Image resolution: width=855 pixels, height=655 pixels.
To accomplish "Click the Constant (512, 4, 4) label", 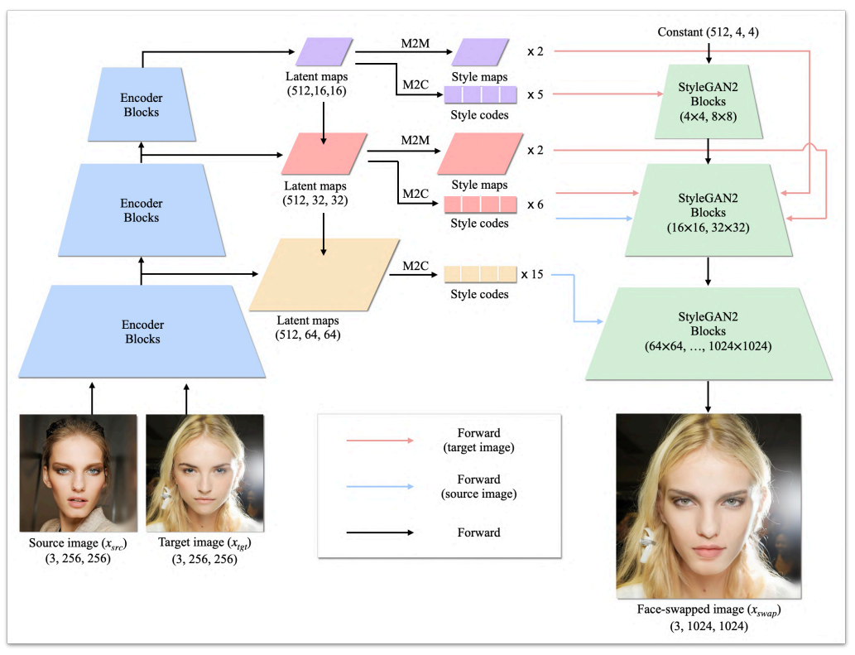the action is click(708, 32).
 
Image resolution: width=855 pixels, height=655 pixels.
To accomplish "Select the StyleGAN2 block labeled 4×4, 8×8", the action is click(708, 102).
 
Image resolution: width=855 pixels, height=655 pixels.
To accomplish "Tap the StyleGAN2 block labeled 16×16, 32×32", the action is click(708, 210).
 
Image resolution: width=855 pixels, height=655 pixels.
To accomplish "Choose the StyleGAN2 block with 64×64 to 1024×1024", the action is click(708, 333).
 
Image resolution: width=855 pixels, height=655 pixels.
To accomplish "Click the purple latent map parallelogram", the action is click(324, 52).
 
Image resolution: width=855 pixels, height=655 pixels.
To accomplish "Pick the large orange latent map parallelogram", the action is click(324, 274).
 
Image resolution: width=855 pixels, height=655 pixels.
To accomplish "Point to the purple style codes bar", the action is click(480, 94).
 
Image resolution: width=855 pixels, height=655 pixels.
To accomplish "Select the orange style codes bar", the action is click(480, 274).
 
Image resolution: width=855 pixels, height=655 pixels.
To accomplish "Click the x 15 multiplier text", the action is click(532, 274).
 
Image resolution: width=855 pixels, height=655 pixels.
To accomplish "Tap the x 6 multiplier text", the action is click(536, 205).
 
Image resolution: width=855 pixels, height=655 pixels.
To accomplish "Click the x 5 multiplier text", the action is click(536, 94).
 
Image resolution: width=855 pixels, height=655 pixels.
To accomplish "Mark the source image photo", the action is click(79, 473).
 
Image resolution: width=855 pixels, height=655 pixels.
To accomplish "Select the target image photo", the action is click(205, 473).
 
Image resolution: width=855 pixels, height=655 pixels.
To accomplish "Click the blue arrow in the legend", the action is click(380, 486).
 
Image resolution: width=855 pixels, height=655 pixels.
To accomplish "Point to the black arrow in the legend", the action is click(380, 532).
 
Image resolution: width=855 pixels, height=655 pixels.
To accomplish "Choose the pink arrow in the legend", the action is click(380, 441).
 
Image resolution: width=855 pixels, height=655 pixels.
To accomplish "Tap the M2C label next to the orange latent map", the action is click(415, 266).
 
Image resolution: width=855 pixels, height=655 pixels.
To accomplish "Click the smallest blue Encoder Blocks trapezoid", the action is click(142, 104).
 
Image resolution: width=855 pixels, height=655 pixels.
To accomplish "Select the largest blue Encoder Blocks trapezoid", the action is click(142, 331).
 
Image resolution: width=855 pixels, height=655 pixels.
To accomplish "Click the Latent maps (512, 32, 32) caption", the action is click(315, 193).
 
